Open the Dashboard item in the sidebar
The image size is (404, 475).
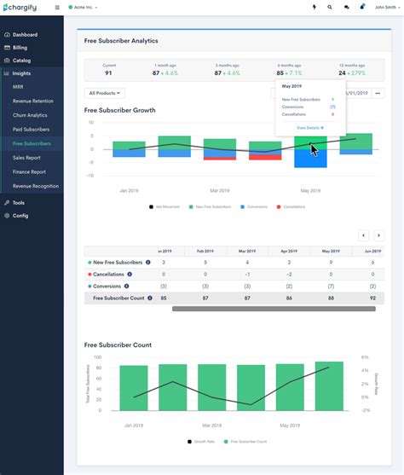25,35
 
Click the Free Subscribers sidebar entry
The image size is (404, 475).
32,143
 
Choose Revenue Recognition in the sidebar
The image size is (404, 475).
36,185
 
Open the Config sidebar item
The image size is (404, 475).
20,216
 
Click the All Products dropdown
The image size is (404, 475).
105,93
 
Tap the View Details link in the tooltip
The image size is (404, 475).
309,127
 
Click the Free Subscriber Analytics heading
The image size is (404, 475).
121,40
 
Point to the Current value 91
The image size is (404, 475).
109,73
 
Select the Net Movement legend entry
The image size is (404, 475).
167,206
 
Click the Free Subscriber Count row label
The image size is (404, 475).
118,298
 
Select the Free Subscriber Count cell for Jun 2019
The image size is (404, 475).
372,298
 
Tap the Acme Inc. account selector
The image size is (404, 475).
83,7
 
